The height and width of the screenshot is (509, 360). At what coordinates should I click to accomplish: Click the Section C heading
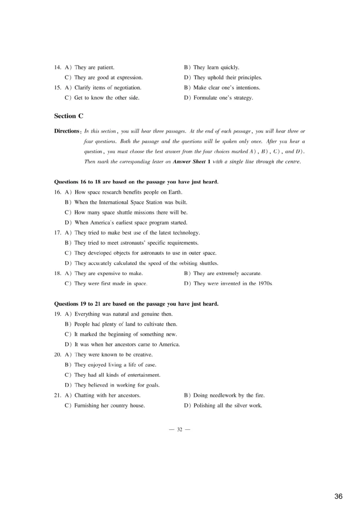tap(69, 116)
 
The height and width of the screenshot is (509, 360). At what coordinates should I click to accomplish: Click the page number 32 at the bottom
tap(180, 429)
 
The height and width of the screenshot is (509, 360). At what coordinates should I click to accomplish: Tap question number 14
tap(58, 67)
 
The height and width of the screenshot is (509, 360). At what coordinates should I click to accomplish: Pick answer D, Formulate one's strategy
tap(223, 98)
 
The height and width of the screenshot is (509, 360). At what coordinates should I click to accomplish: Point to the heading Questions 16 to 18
tap(136, 182)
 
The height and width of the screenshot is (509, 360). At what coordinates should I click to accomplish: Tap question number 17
tap(58, 233)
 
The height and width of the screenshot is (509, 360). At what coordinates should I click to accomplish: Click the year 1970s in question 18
tap(265, 284)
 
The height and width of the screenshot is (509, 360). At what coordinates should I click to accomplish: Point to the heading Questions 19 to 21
tap(136, 304)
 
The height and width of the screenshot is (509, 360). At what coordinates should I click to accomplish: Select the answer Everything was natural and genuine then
tap(124, 314)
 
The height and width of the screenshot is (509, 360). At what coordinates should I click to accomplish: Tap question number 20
tap(58, 355)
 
